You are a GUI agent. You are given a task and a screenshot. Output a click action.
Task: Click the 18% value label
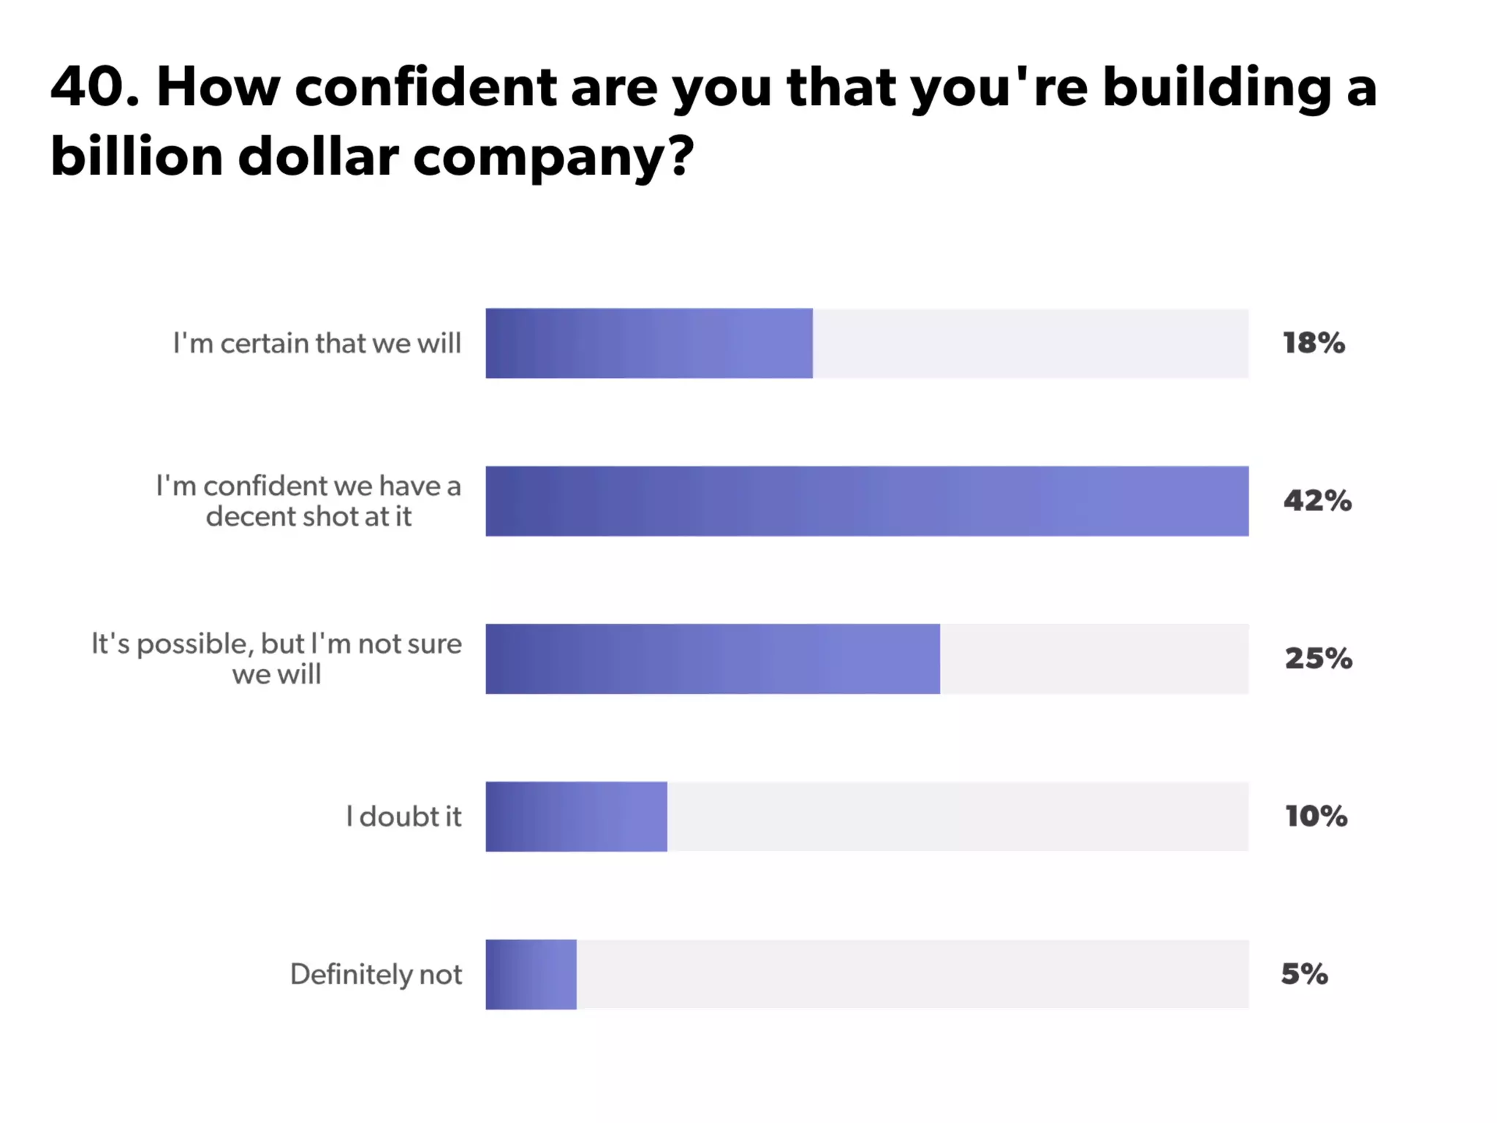(1314, 343)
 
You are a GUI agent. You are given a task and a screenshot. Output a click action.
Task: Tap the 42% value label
(1317, 501)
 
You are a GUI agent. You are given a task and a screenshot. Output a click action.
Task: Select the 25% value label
(1318, 659)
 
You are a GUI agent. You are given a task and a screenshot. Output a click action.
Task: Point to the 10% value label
(1316, 817)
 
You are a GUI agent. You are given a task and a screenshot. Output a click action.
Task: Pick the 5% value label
(1304, 974)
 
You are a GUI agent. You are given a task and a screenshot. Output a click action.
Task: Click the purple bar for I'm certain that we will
(648, 343)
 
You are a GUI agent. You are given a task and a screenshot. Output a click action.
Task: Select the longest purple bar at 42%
(866, 501)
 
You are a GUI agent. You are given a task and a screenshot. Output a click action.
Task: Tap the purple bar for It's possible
(712, 659)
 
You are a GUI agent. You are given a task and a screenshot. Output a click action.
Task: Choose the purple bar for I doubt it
(576, 817)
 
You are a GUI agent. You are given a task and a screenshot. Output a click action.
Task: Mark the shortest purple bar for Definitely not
(531, 974)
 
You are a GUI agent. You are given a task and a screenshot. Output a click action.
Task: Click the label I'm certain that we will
(317, 343)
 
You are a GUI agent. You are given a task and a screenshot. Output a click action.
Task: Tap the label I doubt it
(403, 817)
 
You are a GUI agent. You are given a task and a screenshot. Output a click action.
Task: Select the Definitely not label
(376, 974)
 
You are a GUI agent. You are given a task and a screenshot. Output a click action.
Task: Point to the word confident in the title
(425, 87)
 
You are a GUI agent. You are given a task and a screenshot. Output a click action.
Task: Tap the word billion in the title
(137, 156)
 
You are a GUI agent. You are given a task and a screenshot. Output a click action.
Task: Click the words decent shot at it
(308, 517)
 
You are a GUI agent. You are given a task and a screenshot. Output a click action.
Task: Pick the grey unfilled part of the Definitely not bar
(912, 974)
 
